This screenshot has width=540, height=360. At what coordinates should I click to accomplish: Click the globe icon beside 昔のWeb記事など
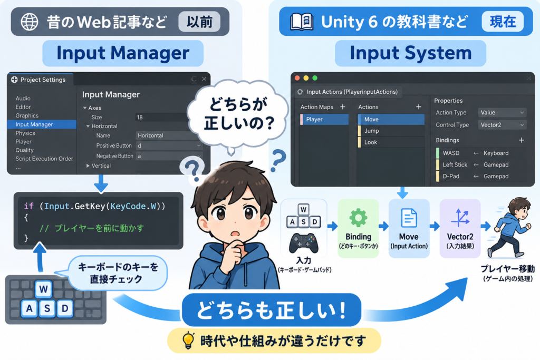(x=30, y=22)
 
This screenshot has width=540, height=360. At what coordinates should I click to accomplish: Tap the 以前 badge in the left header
(x=199, y=22)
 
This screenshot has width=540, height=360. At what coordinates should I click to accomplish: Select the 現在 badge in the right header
(x=503, y=22)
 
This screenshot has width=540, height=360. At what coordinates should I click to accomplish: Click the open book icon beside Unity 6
(x=301, y=22)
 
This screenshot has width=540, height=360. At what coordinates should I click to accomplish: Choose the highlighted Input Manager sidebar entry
(x=42, y=124)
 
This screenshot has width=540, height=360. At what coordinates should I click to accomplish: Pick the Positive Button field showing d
(x=169, y=145)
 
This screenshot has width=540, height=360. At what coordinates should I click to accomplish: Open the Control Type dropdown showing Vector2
(x=502, y=125)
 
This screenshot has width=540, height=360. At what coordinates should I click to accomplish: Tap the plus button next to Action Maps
(x=343, y=107)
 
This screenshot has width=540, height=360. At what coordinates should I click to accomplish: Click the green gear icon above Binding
(x=358, y=218)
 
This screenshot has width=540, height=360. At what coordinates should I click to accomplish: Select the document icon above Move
(x=409, y=218)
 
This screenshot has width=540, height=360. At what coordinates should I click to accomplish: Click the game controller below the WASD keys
(x=303, y=243)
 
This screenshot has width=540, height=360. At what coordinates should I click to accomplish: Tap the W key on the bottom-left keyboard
(x=43, y=289)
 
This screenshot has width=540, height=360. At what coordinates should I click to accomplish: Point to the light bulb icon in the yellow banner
(x=188, y=340)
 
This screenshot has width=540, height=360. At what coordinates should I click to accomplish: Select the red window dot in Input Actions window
(x=297, y=78)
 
